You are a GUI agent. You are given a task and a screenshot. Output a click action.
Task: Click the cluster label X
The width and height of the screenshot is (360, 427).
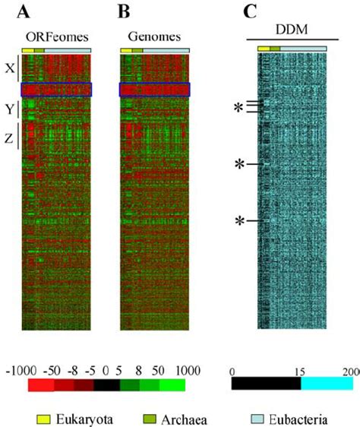pos(10,68)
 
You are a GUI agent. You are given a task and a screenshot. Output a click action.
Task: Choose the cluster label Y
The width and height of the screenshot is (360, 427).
pos(10,109)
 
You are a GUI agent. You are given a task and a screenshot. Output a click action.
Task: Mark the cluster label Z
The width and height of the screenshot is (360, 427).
pos(10,138)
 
